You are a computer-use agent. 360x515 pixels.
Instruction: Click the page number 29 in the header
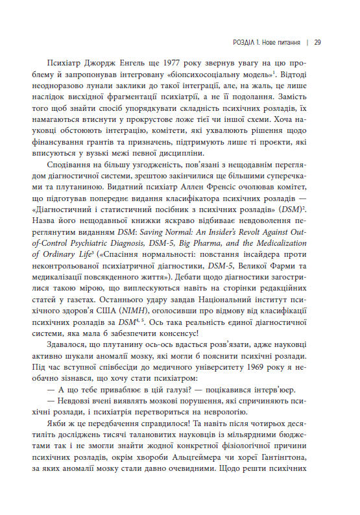[x=317, y=43]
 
